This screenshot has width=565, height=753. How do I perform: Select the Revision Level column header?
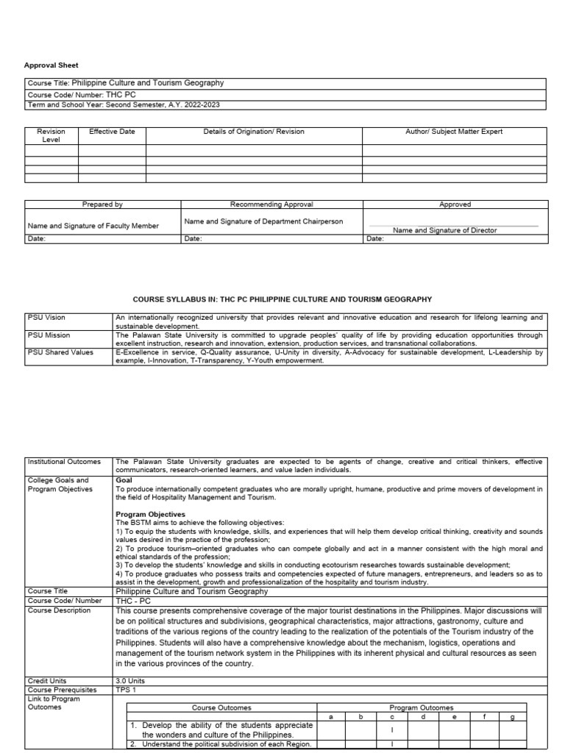pyautogui.click(x=51, y=135)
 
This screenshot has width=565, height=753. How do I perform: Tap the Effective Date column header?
pyautogui.click(x=111, y=132)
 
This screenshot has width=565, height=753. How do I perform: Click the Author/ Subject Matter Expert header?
pyautogui.click(x=454, y=132)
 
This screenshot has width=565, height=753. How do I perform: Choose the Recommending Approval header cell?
pyautogui.click(x=271, y=204)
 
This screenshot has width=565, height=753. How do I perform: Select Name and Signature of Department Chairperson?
pyautogui.click(x=263, y=221)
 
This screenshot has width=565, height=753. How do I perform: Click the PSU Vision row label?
pyautogui.click(x=46, y=318)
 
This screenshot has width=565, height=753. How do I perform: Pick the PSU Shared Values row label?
pyautogui.click(x=60, y=352)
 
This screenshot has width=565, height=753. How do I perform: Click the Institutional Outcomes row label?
pyautogui.click(x=63, y=462)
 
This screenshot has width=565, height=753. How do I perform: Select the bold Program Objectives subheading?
pyautogui.click(x=151, y=514)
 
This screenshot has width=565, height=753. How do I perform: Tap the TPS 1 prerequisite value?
pyautogui.click(x=127, y=690)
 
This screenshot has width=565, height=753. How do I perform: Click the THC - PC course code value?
pyautogui.click(x=133, y=600)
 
